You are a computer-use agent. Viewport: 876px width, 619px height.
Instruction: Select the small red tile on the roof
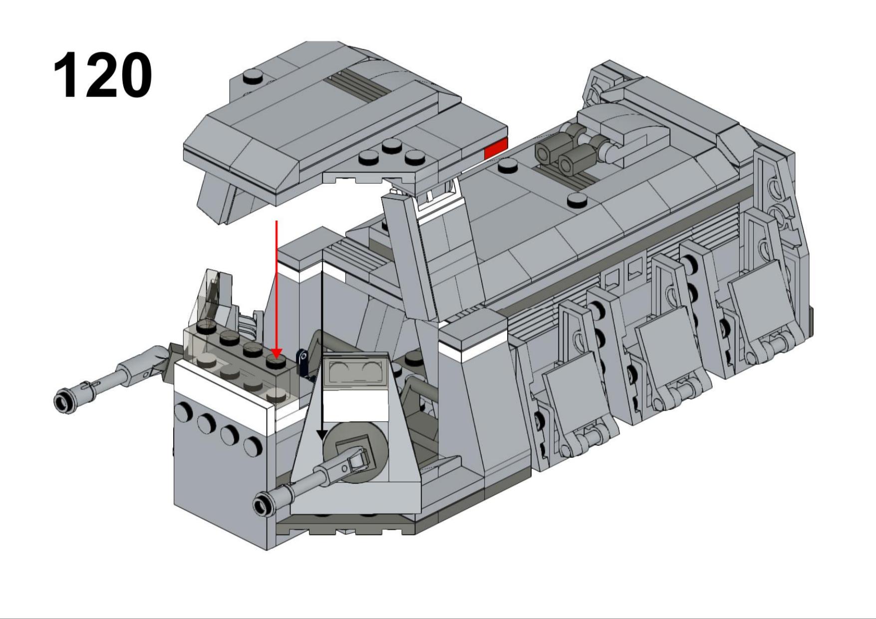(x=496, y=148)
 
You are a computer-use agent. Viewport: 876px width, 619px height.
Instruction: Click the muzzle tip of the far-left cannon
(x=63, y=401)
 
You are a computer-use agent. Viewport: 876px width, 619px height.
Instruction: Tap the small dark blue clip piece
(x=302, y=361)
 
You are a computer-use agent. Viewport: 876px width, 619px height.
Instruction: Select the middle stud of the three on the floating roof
(x=392, y=146)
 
